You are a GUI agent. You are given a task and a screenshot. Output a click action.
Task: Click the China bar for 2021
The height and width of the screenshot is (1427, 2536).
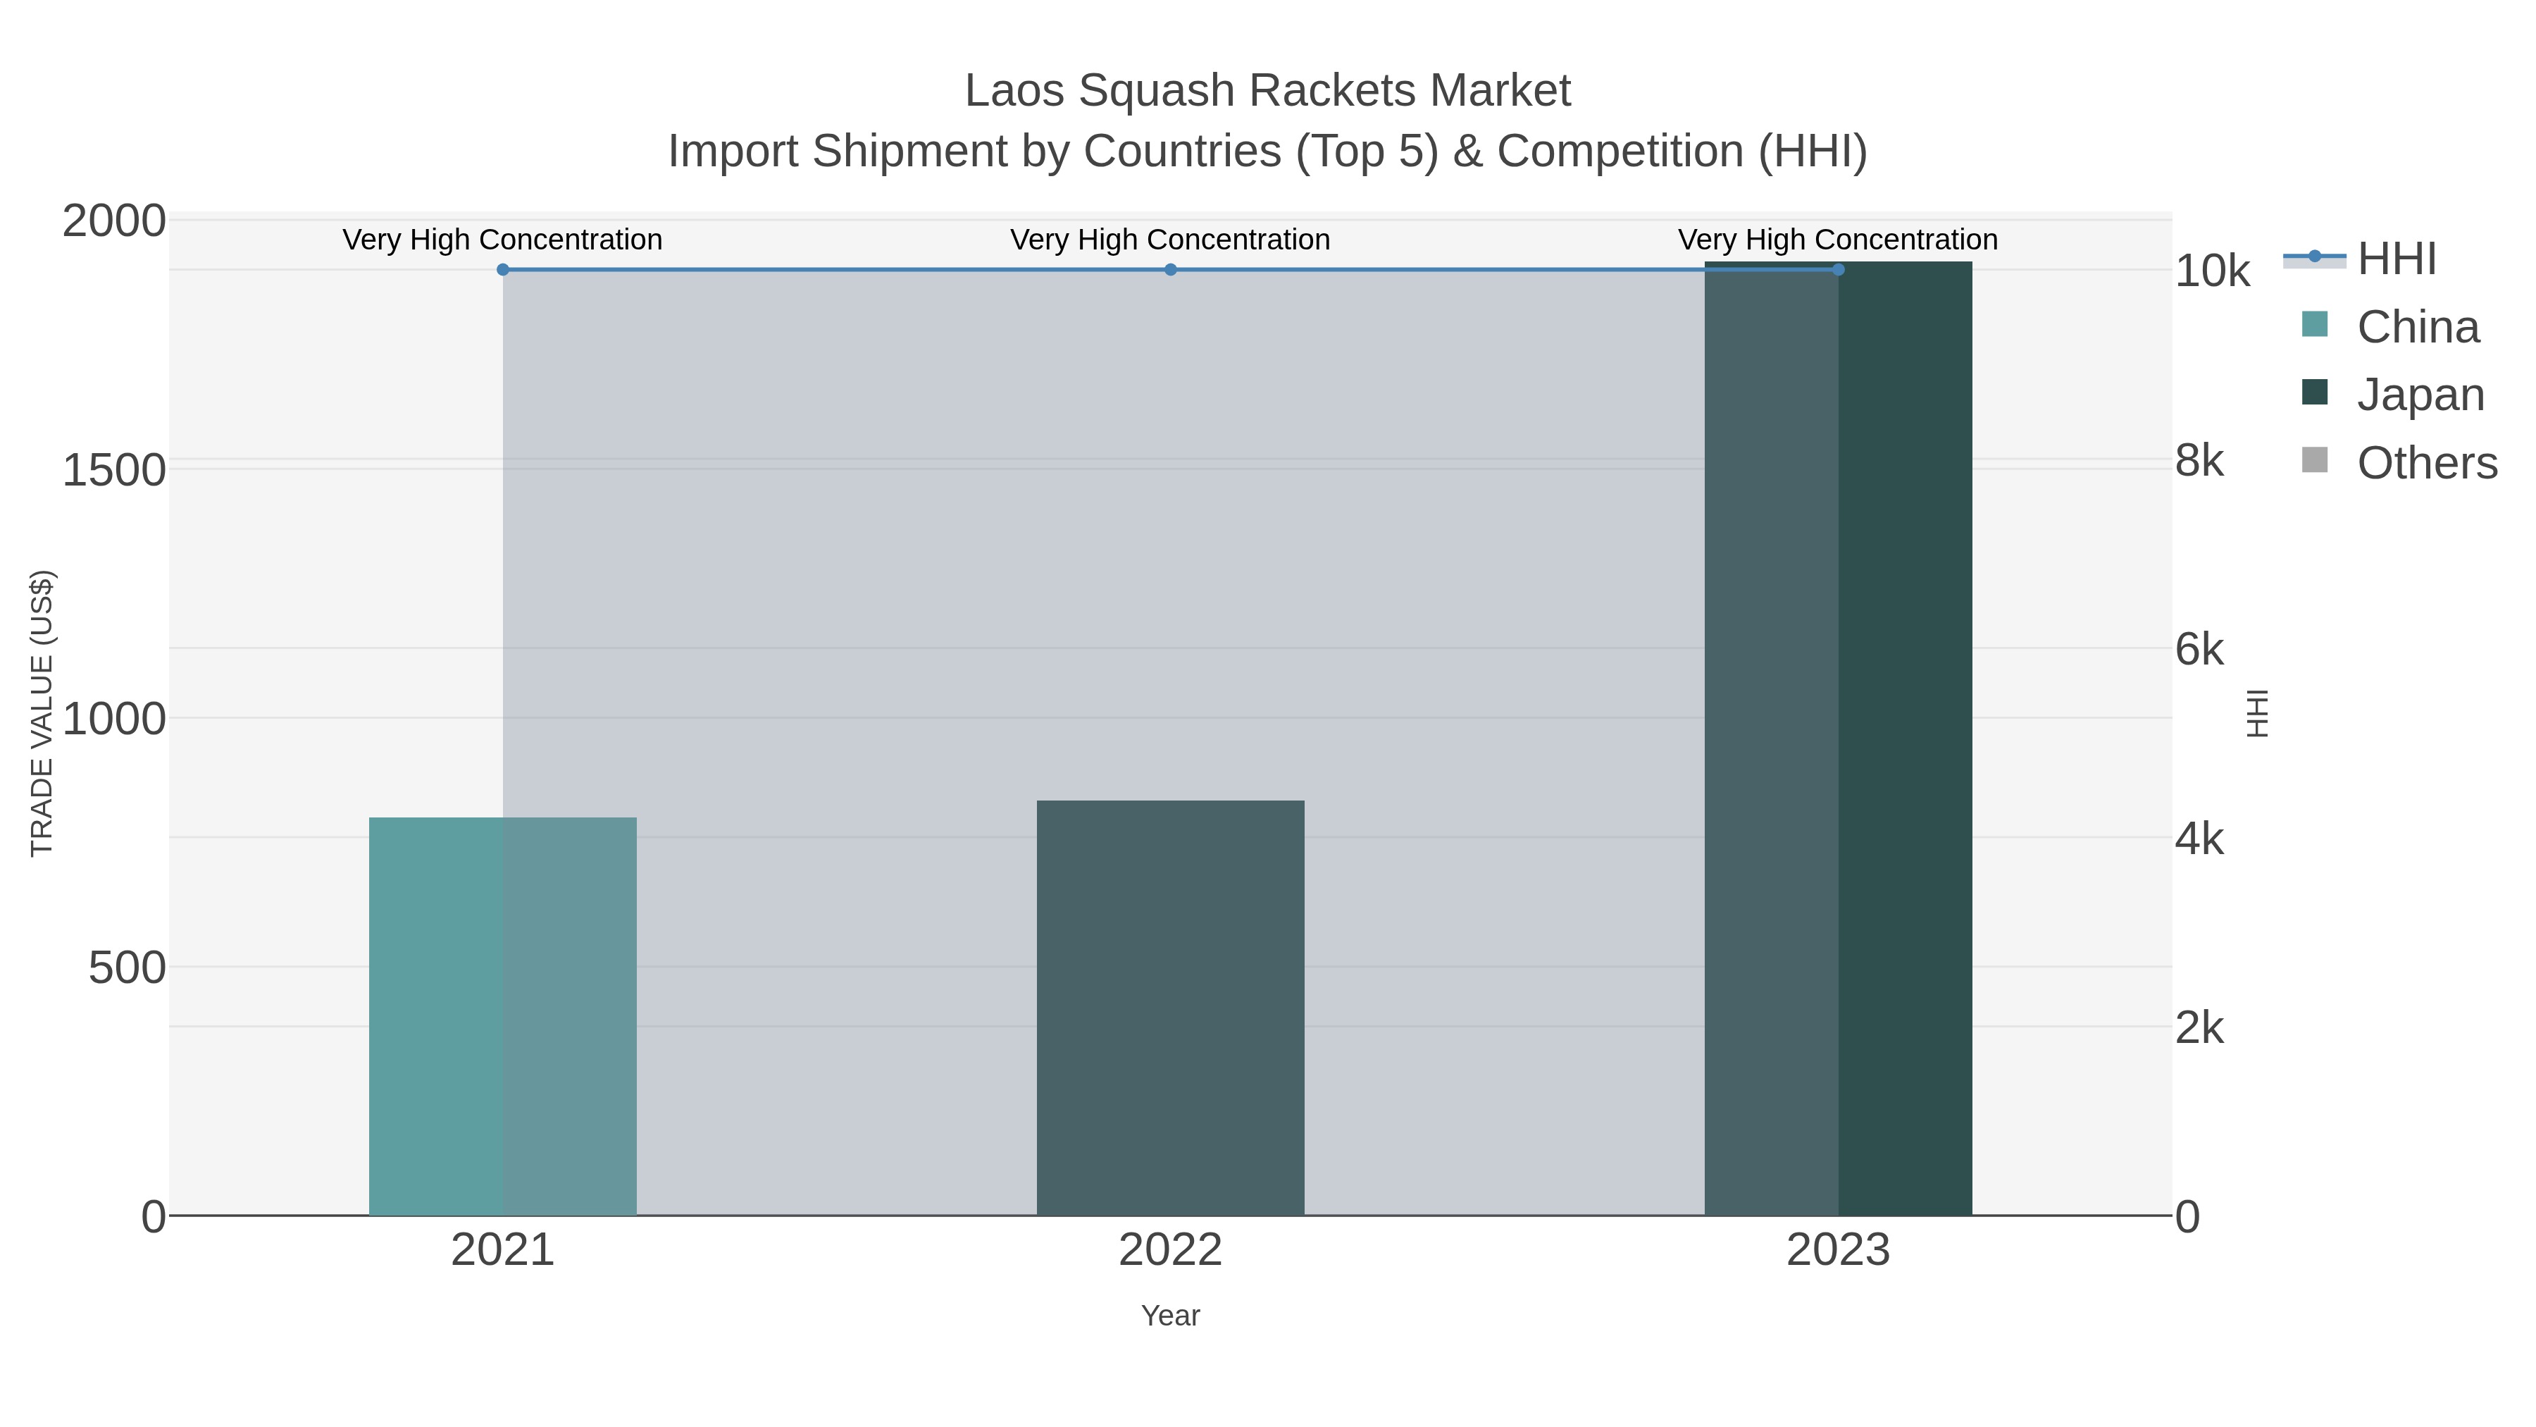point(502,1015)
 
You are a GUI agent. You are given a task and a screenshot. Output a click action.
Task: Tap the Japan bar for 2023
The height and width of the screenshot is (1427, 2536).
point(1838,739)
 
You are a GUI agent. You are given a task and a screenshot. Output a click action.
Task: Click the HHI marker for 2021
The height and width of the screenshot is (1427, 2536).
point(503,270)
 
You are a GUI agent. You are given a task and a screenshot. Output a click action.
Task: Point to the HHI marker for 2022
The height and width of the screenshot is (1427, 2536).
point(1171,270)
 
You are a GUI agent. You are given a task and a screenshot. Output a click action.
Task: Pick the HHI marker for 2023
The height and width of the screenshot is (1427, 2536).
point(1838,270)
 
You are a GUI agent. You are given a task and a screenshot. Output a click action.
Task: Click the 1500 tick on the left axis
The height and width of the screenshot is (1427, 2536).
point(114,471)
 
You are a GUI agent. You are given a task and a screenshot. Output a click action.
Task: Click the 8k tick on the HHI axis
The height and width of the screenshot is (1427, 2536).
point(2199,461)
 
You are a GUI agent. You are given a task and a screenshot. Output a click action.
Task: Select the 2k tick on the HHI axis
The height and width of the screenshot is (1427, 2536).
point(2199,1028)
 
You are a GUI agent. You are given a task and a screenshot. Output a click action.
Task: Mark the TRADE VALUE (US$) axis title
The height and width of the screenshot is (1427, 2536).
point(42,713)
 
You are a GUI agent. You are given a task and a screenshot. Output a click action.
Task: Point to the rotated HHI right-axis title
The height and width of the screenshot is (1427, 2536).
point(2256,713)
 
